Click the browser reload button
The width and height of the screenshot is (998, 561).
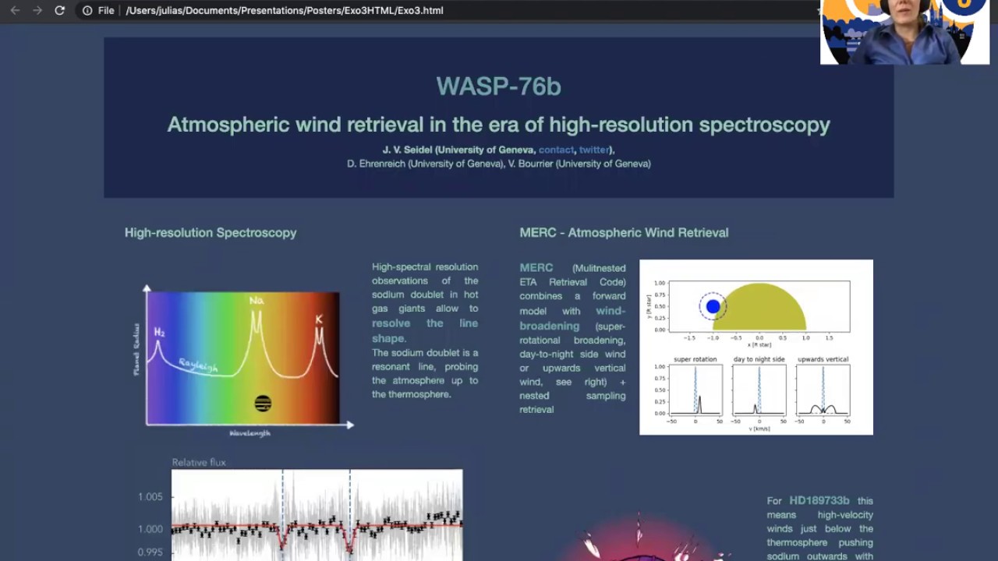(x=59, y=11)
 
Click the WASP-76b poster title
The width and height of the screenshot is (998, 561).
(x=498, y=86)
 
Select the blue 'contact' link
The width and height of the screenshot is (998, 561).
(x=556, y=150)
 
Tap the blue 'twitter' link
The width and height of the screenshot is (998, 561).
(x=594, y=150)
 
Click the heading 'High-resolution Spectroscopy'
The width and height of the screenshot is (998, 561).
(x=211, y=233)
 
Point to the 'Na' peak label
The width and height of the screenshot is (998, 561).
(x=256, y=301)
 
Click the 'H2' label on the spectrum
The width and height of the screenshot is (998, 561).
(x=159, y=333)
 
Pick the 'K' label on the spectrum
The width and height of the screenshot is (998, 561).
(x=319, y=319)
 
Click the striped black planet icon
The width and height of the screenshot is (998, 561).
(x=263, y=404)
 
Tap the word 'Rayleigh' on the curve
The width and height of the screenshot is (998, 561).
(x=198, y=365)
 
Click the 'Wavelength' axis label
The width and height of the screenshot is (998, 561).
(x=249, y=433)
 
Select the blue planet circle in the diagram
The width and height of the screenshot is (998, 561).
(x=713, y=307)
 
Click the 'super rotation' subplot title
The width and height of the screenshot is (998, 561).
(x=695, y=359)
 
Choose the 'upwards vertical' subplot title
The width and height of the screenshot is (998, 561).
(x=823, y=359)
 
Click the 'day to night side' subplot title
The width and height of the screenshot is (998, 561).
(x=759, y=359)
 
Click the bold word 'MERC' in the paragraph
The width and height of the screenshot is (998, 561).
(x=536, y=267)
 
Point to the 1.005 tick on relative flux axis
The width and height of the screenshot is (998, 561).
(x=150, y=497)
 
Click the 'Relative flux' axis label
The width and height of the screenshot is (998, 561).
(x=199, y=463)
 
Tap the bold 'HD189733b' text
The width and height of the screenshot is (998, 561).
(x=819, y=501)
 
